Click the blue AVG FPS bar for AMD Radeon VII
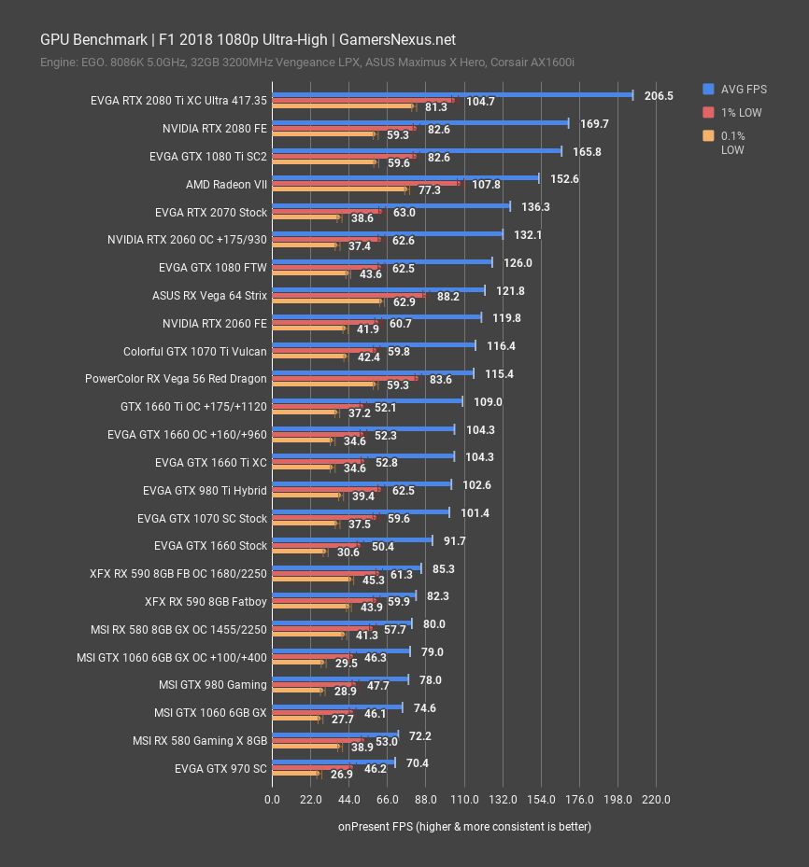click(x=404, y=177)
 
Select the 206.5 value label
click(x=659, y=95)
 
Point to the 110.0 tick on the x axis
click(x=464, y=799)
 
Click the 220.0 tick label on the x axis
click(x=657, y=799)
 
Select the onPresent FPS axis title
click(x=464, y=826)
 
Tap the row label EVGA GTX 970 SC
click(x=220, y=769)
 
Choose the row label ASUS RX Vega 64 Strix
click(x=209, y=296)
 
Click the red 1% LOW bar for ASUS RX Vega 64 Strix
click(x=348, y=296)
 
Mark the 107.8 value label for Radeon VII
click(x=486, y=185)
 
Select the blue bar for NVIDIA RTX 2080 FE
click(x=419, y=122)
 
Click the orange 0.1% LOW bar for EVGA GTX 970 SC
click(x=294, y=775)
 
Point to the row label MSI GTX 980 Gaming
click(x=213, y=685)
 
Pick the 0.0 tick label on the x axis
click(x=272, y=799)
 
